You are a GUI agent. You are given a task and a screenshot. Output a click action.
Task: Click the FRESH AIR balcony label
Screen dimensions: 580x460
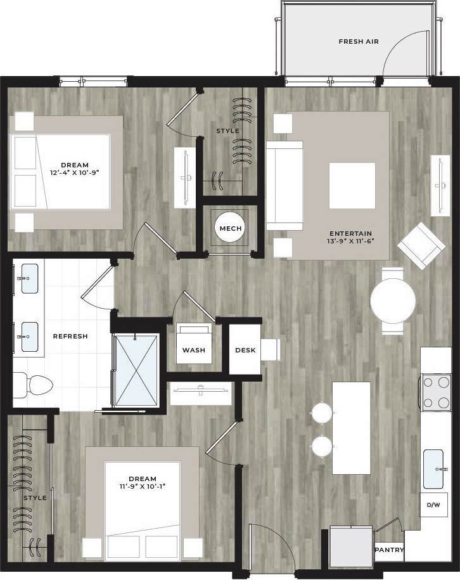pyautogui.click(x=359, y=42)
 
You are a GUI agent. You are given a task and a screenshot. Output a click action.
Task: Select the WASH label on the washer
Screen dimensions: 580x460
pyautogui.click(x=194, y=350)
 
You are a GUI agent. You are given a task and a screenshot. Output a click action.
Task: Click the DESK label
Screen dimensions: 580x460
pyautogui.click(x=245, y=350)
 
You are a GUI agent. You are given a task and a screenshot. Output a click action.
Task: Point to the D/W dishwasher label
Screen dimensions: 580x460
pyautogui.click(x=434, y=505)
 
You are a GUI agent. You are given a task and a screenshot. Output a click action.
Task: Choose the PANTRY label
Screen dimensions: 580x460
pyautogui.click(x=389, y=550)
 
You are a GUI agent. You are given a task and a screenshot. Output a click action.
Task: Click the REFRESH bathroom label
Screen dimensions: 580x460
pyautogui.click(x=70, y=336)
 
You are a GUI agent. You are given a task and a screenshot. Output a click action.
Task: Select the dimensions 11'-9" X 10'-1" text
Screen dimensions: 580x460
pyautogui.click(x=142, y=487)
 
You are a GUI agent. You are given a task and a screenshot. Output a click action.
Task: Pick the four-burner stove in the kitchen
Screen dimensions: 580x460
pyautogui.click(x=436, y=393)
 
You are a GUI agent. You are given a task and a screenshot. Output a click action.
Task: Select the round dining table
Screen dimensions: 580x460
pyautogui.click(x=392, y=301)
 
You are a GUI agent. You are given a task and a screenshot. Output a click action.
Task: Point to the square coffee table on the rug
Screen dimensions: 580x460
pyautogui.click(x=352, y=186)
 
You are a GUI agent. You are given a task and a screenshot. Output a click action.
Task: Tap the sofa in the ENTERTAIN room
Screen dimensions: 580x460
pyautogui.click(x=283, y=185)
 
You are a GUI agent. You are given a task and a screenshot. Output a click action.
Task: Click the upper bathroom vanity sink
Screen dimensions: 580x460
pyautogui.click(x=29, y=279)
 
